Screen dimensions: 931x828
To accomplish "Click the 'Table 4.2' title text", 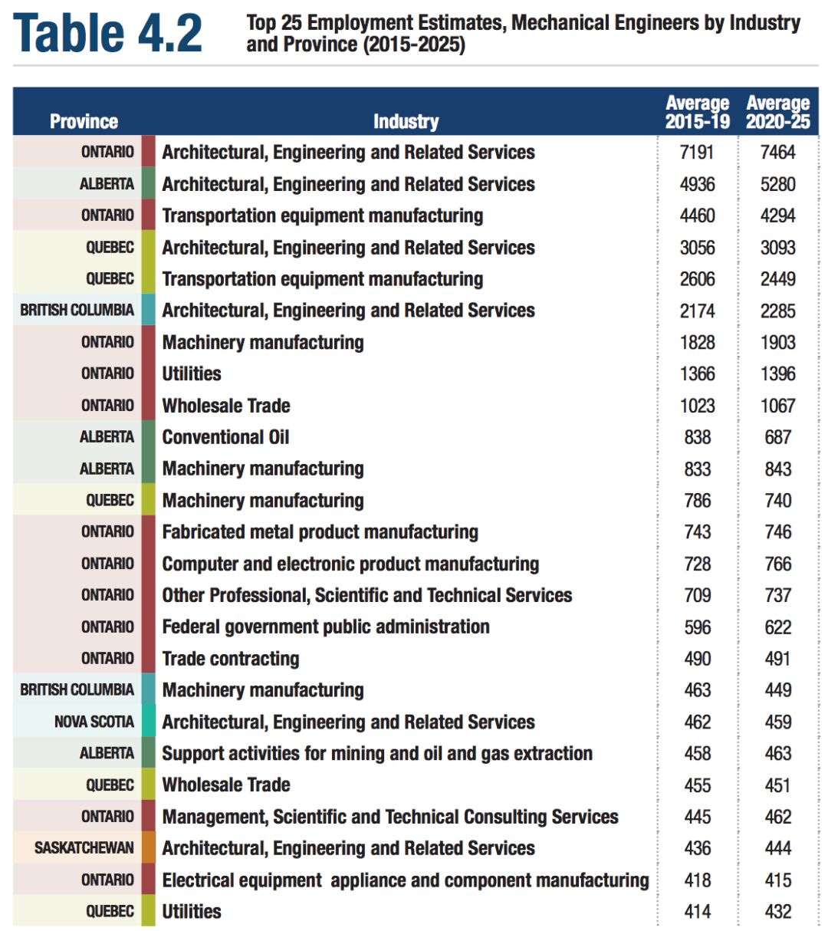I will (x=108, y=34).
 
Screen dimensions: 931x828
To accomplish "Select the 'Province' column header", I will (x=84, y=121).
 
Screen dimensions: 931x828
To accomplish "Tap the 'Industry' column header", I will (x=406, y=121).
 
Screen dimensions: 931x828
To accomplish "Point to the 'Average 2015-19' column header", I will (x=697, y=112).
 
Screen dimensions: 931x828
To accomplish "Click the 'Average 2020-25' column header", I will (x=777, y=112).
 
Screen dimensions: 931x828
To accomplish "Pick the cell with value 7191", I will (x=697, y=153).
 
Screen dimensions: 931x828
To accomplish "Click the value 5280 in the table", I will (x=777, y=184).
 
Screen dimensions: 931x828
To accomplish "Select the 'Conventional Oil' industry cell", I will (x=225, y=437).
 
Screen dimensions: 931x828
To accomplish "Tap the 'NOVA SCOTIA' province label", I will (x=94, y=722).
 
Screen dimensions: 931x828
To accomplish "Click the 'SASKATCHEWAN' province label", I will (x=84, y=848).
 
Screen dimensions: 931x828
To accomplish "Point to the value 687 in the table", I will (x=777, y=437).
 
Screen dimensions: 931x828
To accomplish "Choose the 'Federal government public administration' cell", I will (x=326, y=627).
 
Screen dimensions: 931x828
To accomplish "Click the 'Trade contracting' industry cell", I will (x=231, y=659).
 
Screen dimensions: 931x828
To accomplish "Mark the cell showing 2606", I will (x=697, y=279).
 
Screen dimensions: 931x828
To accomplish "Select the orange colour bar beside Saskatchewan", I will (x=148, y=848).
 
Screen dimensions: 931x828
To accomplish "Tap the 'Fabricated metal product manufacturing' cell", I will (x=320, y=532).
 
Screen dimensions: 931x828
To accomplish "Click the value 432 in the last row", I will (x=777, y=912).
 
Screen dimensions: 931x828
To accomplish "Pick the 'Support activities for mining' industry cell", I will (x=377, y=754).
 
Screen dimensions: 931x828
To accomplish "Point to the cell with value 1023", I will (x=697, y=406).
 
